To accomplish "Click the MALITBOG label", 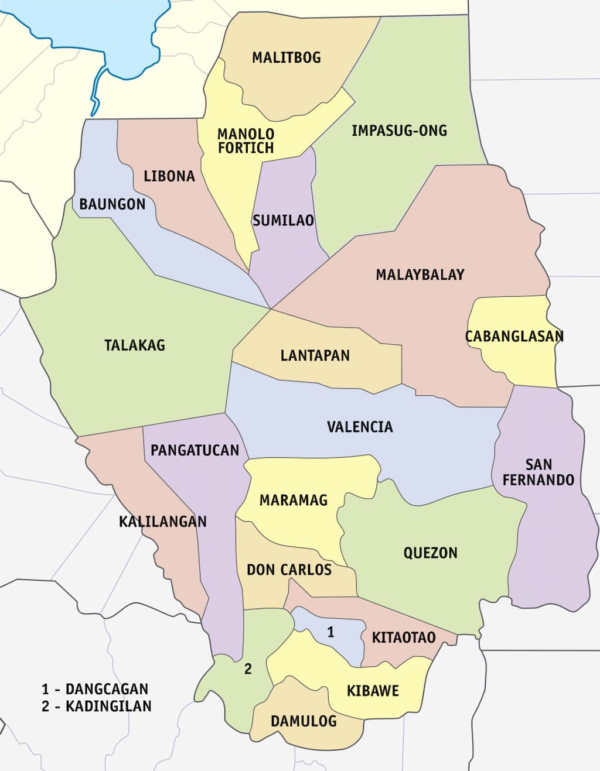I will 287,57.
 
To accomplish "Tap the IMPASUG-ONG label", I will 399,131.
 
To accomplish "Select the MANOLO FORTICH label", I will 246,141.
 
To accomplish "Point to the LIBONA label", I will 169,176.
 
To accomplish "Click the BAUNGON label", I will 112,204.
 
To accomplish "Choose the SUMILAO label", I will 283,221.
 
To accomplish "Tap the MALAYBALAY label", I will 420,275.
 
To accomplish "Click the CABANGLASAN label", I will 514,337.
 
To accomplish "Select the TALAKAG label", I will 135,345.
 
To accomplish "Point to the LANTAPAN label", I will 315,355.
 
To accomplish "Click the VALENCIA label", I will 360,427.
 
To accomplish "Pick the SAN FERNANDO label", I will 538,472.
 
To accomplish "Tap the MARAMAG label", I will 294,501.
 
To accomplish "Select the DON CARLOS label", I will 289,570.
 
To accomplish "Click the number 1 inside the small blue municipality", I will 330,632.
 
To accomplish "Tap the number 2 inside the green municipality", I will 248,669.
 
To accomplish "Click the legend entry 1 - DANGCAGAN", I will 95,689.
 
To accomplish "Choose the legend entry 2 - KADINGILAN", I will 96,706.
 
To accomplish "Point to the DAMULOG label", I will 304,721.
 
